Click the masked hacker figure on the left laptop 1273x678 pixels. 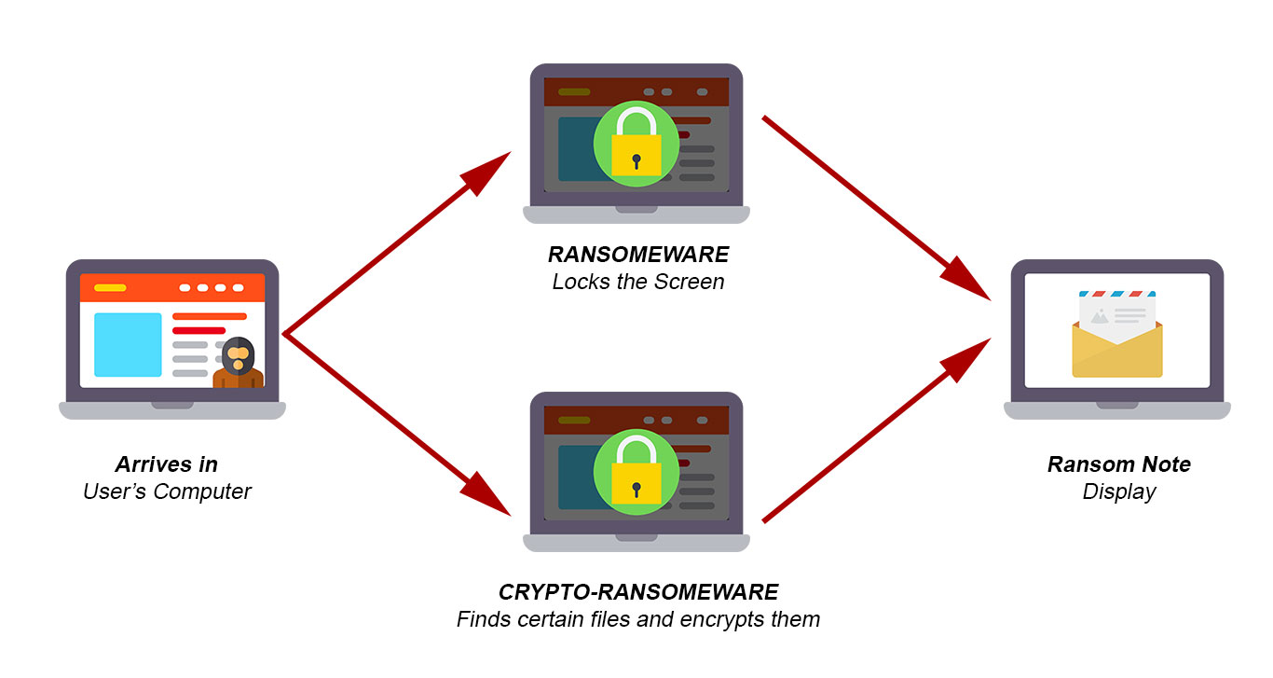pyautogui.click(x=239, y=363)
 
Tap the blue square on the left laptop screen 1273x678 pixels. pyautogui.click(x=128, y=345)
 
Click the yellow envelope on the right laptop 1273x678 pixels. pyautogui.click(x=1117, y=349)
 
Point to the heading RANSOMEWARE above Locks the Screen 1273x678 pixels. pyautogui.click(x=638, y=255)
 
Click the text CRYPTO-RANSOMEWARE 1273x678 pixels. pyautogui.click(x=638, y=592)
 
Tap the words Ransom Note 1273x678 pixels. pyautogui.click(x=1119, y=464)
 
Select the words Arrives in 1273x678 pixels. pyautogui.click(x=167, y=464)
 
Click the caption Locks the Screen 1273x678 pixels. pyautogui.click(x=638, y=282)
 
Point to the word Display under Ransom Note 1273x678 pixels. pyautogui.click(x=1119, y=491)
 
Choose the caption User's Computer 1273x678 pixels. pyautogui.click(x=167, y=491)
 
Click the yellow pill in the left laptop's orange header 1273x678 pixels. pyautogui.click(x=110, y=288)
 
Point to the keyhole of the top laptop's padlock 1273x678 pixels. pyautogui.click(x=636, y=161)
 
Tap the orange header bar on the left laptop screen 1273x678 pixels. pyautogui.click(x=172, y=288)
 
